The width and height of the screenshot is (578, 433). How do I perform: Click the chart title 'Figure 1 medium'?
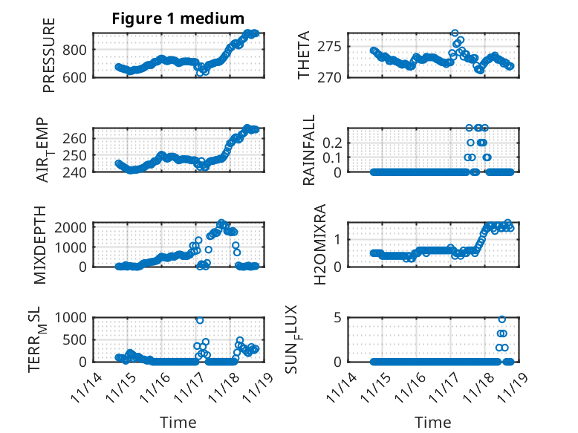[178, 19]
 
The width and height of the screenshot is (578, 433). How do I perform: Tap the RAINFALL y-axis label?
[308, 150]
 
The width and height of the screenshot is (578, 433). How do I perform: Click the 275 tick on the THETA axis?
[333, 46]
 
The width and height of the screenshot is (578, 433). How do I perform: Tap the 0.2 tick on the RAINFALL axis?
[331, 141]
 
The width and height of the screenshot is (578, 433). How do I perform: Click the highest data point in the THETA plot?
[455, 33]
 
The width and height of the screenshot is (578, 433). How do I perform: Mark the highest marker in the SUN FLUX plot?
[502, 319]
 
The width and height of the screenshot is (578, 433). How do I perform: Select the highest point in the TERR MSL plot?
[200, 320]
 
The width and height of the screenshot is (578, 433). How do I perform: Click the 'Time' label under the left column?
[178, 423]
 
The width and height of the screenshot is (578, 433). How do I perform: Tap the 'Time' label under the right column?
[433, 423]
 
